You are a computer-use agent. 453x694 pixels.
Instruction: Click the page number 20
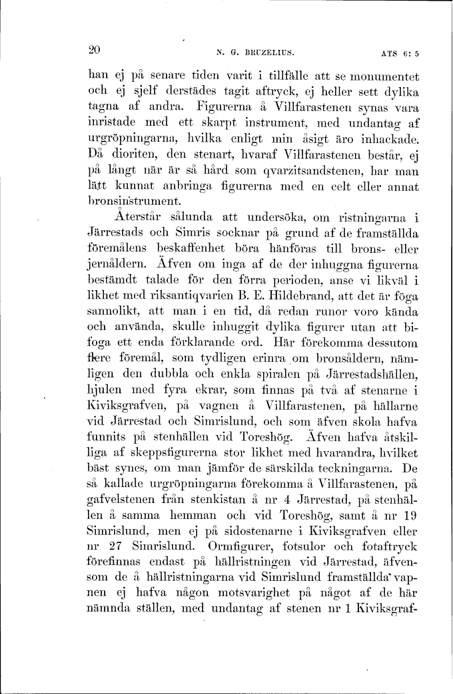(94, 49)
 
